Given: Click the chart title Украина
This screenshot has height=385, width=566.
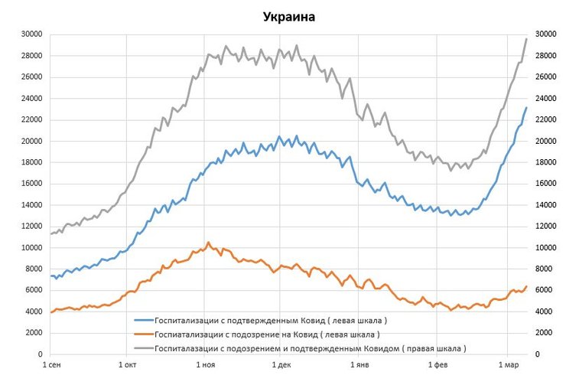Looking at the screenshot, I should tap(290, 16).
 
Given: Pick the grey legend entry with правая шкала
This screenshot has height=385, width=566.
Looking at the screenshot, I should tap(310, 348).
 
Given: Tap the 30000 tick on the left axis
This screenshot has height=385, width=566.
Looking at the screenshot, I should tap(31, 34).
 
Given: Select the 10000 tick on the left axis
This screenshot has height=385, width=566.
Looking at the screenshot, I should tap(31, 247).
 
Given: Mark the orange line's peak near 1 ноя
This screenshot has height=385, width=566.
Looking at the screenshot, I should tap(208, 243).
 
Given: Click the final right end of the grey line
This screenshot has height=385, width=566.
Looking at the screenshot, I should tap(526, 39).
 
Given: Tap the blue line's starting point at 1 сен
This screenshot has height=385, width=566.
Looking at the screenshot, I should tap(50, 276).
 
